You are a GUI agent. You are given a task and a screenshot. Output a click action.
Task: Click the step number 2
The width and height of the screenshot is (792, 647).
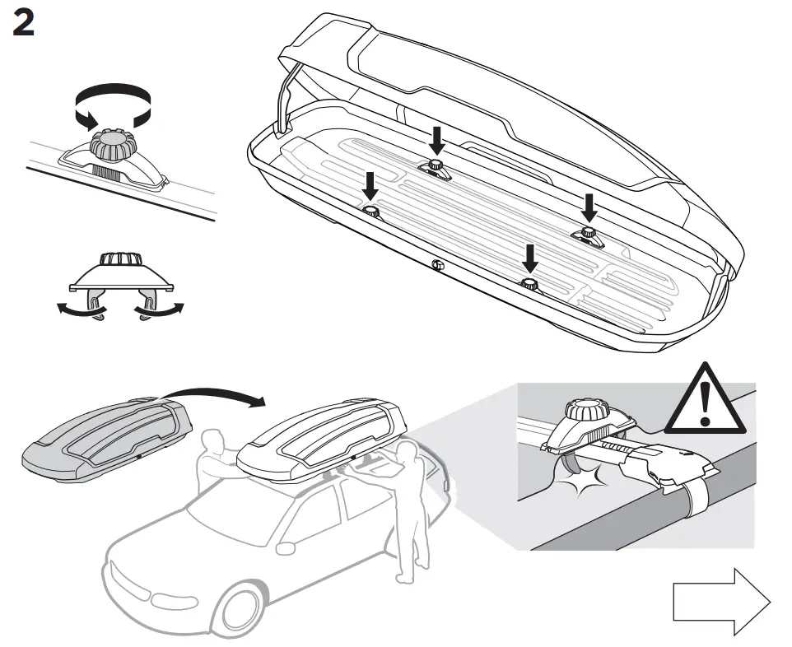[24, 24]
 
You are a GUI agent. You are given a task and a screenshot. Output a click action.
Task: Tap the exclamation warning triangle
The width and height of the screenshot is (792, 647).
[702, 401]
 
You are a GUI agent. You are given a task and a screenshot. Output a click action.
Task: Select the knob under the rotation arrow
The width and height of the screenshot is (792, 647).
[112, 147]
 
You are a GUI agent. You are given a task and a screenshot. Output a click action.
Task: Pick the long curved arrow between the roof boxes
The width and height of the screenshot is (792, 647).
[214, 395]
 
